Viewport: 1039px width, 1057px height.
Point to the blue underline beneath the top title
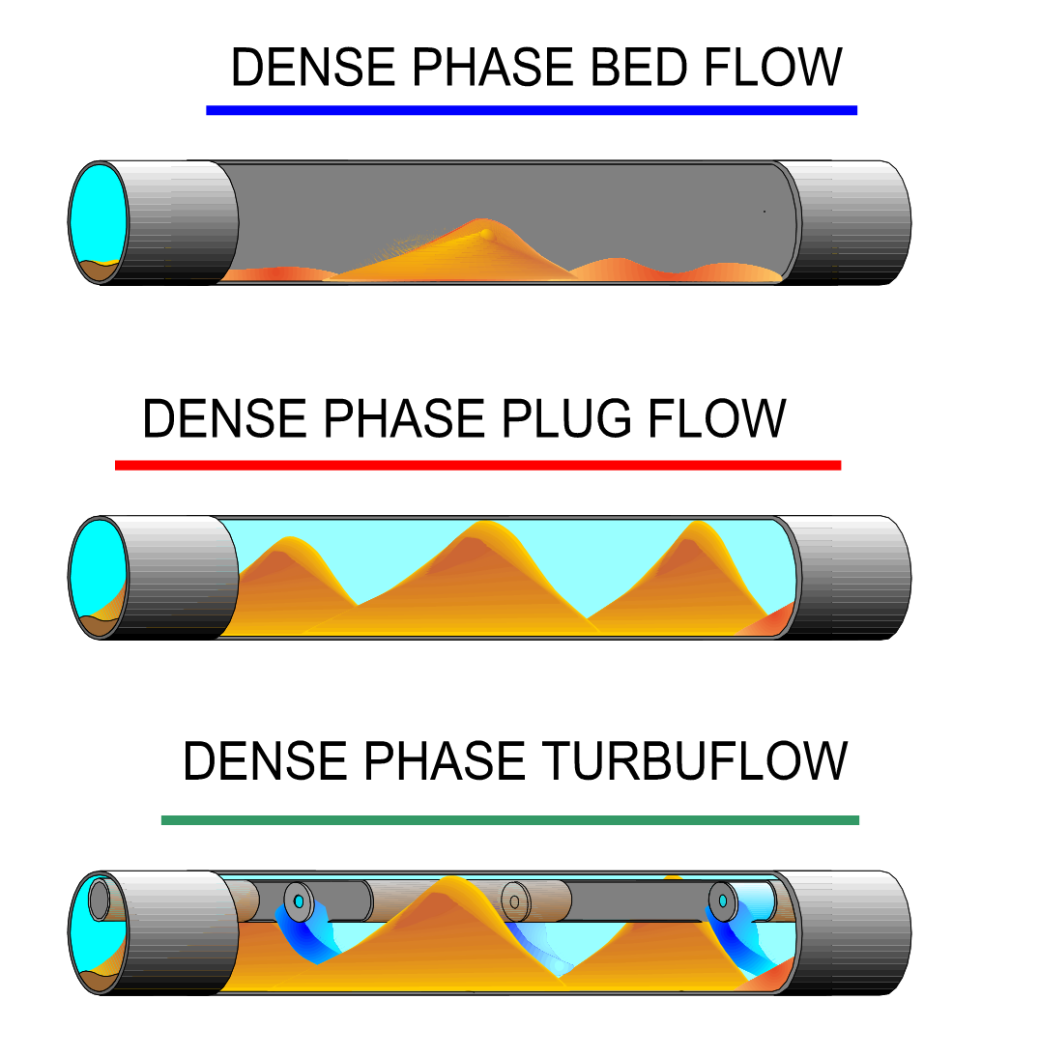pyautogui.click(x=531, y=110)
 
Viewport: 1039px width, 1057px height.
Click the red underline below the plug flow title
pyautogui.click(x=477, y=466)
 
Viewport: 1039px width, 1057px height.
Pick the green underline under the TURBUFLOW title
pyautogui.click(x=509, y=820)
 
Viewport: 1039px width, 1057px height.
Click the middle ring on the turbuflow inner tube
pyautogui.click(x=514, y=901)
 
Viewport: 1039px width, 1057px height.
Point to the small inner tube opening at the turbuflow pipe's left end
pyautogui.click(x=100, y=900)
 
